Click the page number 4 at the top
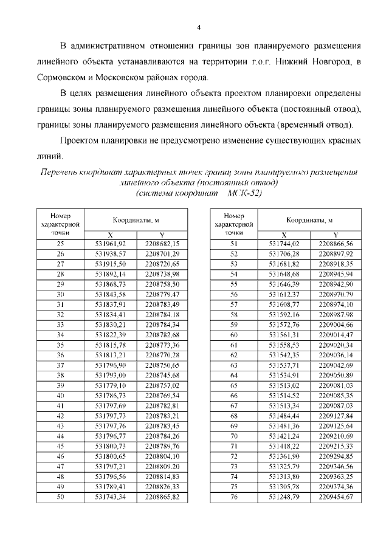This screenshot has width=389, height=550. click(x=199, y=27)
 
